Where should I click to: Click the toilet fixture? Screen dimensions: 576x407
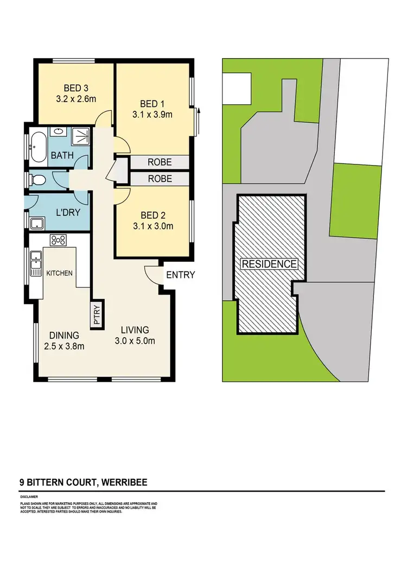40,179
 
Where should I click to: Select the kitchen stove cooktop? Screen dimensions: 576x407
58,240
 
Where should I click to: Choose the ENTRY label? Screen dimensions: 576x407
180,275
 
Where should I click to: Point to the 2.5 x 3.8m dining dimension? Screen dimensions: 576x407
65,346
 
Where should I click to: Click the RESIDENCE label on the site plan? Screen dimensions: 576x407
269,264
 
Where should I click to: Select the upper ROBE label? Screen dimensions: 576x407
158,162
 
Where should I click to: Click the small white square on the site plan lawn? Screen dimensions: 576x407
237,87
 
